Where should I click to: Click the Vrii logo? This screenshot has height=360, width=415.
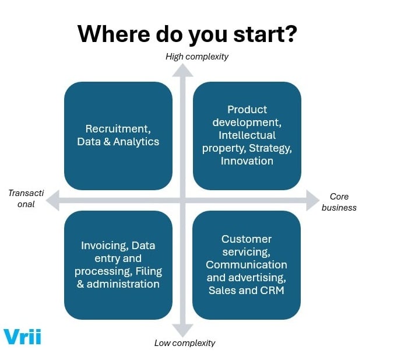[x=22, y=337]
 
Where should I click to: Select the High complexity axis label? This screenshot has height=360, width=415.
[x=197, y=57]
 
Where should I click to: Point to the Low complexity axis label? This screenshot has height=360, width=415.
[x=185, y=343]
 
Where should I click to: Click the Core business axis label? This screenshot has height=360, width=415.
[x=339, y=202]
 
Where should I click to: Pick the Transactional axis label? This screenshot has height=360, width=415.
[x=22, y=198]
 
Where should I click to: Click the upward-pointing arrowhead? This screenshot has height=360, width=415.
[x=182, y=70]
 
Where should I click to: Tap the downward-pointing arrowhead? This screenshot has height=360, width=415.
[x=182, y=331]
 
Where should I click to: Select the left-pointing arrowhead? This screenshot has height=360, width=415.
[x=53, y=201]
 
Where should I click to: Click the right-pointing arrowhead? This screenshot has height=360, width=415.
[x=312, y=201]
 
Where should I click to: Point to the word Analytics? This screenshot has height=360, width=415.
[x=136, y=142]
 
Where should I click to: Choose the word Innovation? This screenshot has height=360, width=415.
[x=247, y=161]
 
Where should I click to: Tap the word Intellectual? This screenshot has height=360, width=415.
[x=247, y=135]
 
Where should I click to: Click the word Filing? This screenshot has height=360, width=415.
[x=149, y=271]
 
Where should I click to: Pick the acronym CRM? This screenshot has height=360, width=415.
[x=271, y=290]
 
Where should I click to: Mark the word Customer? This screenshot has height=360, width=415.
[x=247, y=239]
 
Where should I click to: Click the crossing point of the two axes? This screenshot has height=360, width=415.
[x=182, y=201]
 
